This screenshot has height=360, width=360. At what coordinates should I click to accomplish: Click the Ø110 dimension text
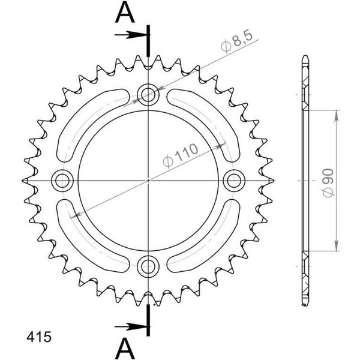click(180, 155)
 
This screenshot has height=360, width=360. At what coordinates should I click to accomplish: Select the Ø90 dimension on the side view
click(328, 183)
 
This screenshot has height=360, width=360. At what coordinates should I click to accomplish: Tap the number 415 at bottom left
click(39, 337)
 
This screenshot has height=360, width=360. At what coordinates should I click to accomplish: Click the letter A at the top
click(125, 13)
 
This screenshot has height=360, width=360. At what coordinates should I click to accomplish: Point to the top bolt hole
click(148, 95)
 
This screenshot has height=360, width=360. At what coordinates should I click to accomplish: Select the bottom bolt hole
click(148, 266)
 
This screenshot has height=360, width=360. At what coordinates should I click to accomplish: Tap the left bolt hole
click(62, 181)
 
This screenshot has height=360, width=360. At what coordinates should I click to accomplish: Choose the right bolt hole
click(234, 181)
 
